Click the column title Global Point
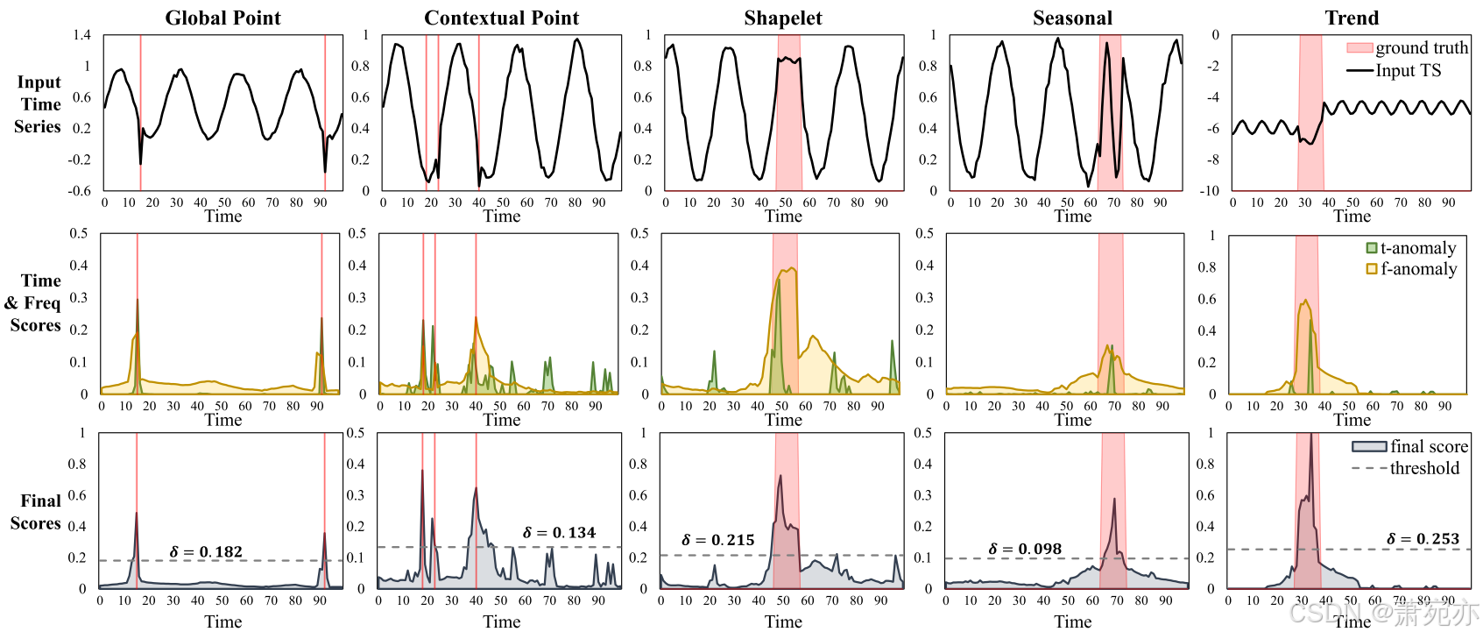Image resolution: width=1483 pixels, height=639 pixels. tap(222, 18)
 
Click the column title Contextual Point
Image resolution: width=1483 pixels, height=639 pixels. tap(501, 18)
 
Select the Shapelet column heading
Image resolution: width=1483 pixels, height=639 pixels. tap(782, 18)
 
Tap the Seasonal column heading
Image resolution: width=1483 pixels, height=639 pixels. tap(1072, 18)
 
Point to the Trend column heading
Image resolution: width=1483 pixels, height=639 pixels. tap(1352, 18)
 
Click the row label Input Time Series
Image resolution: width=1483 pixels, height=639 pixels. tap(39, 104)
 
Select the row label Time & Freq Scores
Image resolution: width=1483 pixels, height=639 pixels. tap(35, 302)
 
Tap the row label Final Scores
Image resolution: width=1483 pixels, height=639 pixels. tap(37, 512)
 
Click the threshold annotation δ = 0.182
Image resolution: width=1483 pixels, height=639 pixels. tap(206, 551)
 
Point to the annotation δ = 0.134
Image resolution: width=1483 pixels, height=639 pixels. tap(559, 532)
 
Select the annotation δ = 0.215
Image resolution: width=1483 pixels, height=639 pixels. tap(717, 540)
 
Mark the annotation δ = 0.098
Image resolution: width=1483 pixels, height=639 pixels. tap(1025, 549)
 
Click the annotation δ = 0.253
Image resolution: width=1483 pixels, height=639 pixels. tap(1423, 538)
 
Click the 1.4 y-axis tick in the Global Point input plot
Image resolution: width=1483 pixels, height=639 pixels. tap(81, 35)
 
